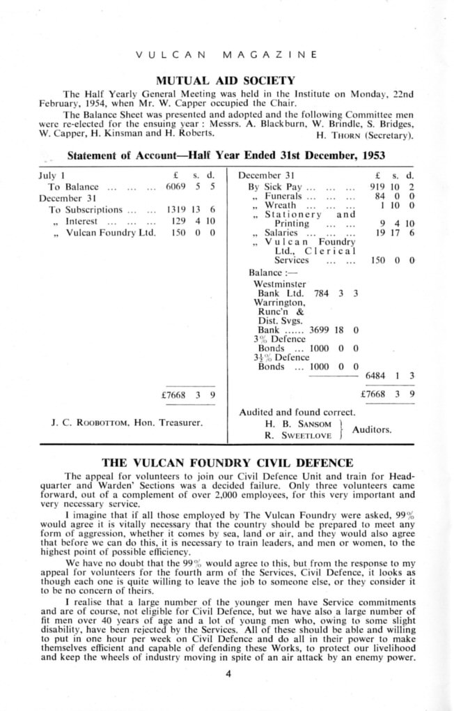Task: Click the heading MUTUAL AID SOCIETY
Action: [x=226, y=79]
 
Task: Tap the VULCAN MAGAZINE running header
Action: [x=226, y=54]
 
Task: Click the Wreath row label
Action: [x=281, y=206]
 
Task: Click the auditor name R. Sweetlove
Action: [x=295, y=434]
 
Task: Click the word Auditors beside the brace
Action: [x=372, y=429]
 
